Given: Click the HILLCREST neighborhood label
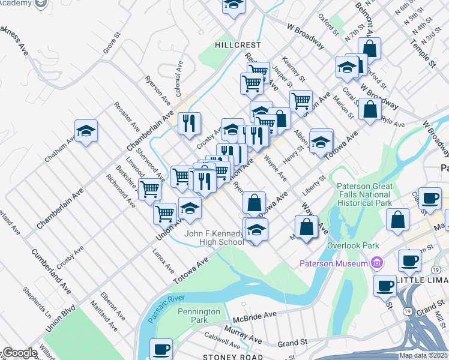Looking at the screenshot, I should point(238,45).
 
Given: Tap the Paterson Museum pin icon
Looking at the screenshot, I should point(377,263).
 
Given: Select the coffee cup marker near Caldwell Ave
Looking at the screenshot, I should point(161,349).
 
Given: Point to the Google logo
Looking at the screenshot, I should point(20,353).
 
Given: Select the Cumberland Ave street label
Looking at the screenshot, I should point(52,270).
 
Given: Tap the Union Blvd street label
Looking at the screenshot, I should point(60,319).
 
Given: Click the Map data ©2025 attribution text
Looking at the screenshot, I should point(423,355).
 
